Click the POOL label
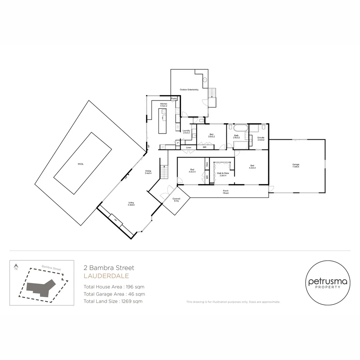[80, 164]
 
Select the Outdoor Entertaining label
[189, 90]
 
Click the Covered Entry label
[176, 200]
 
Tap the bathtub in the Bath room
[239, 128]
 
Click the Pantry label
[174, 99]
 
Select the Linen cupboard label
[189, 147]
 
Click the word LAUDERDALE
[106, 276]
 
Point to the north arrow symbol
[16, 267]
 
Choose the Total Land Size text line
[113, 301]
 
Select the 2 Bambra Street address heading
[109, 268]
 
